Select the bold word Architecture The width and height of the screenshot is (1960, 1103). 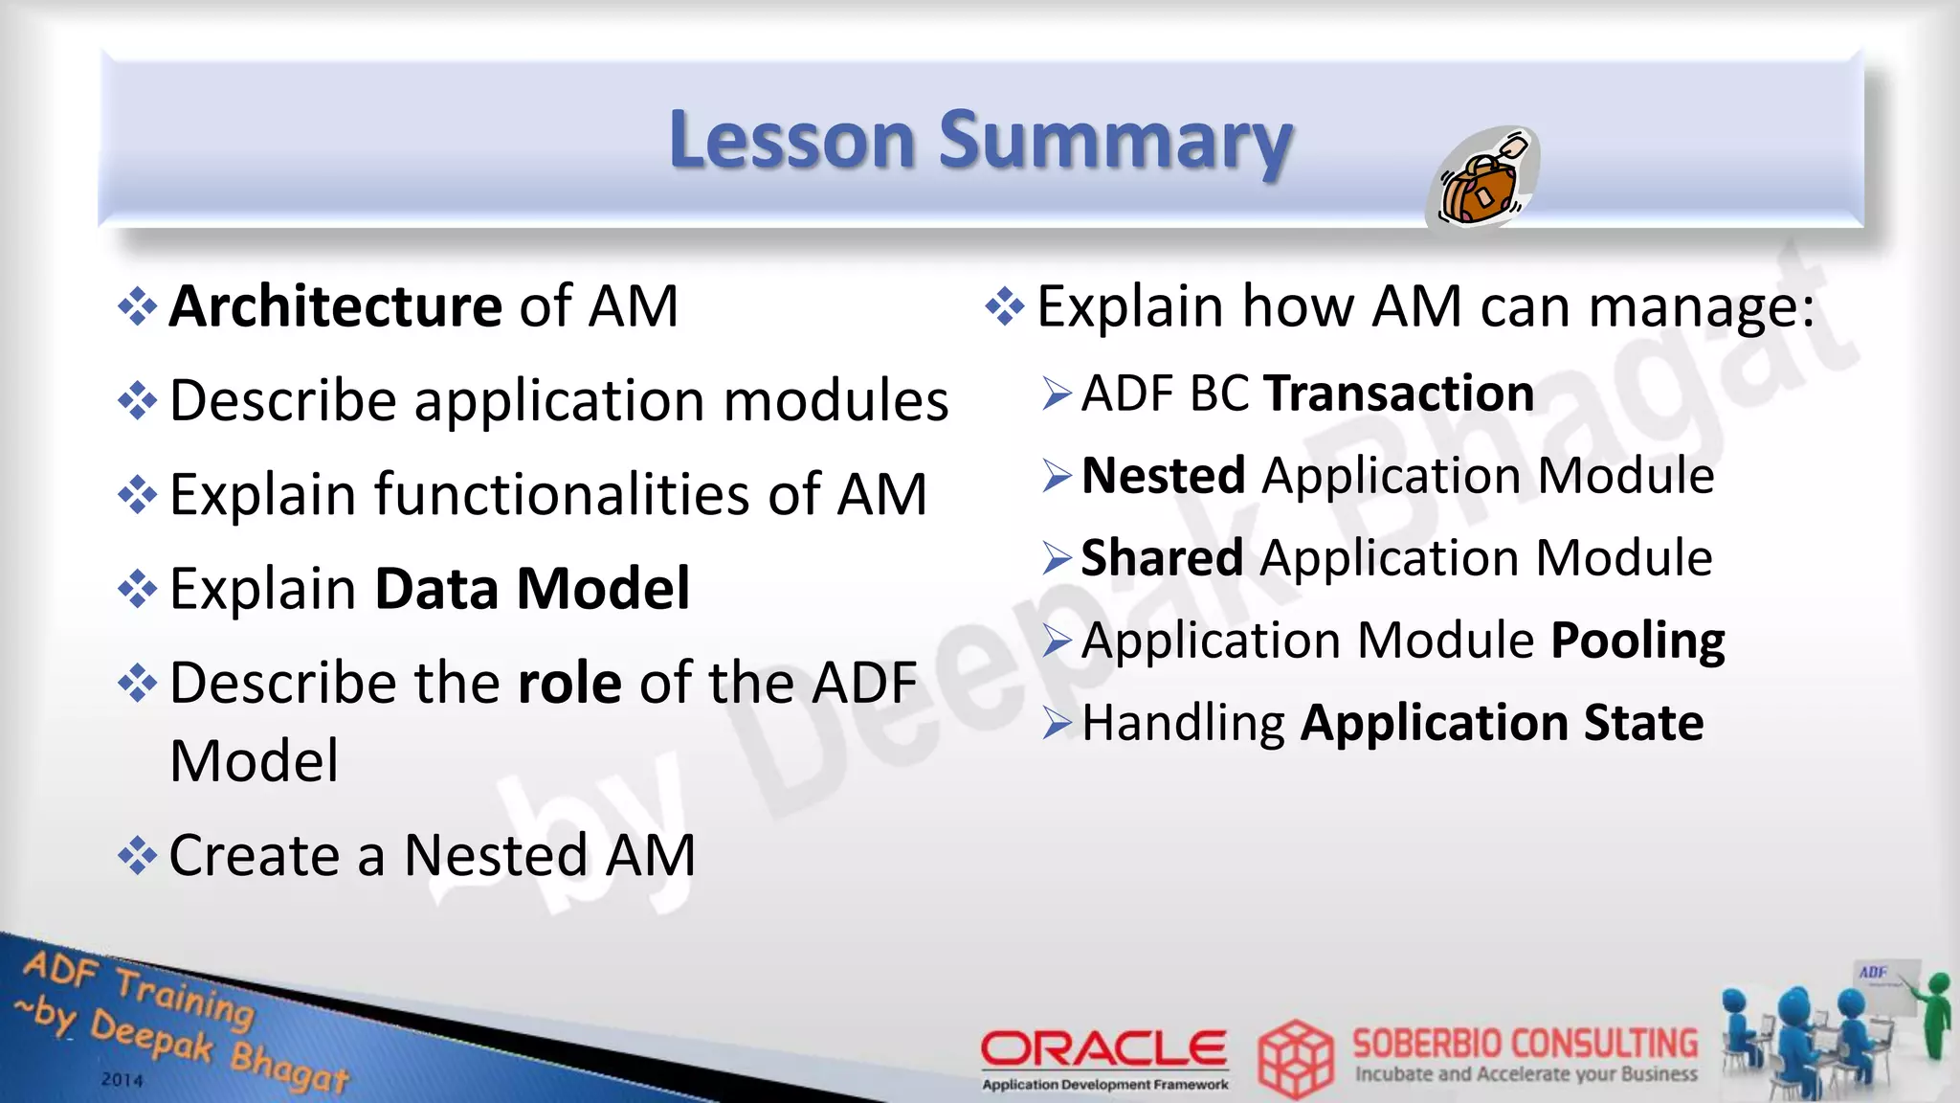[335, 306]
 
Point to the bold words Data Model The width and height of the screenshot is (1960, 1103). [532, 588]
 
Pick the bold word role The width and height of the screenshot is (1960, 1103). [569, 684]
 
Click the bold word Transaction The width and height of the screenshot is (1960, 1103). [1399, 394]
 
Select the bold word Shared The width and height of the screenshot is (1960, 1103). [1162, 557]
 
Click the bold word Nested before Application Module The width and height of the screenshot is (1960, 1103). [1163, 476]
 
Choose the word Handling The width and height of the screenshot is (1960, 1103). [1183, 724]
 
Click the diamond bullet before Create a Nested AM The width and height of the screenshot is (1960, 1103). [138, 855]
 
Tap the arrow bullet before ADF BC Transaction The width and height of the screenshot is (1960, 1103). [1057, 394]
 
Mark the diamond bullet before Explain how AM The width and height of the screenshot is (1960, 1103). [1005, 306]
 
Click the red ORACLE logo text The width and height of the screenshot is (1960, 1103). [1103, 1048]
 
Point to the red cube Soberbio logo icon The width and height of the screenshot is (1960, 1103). [1295, 1058]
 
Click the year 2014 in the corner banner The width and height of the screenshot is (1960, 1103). [122, 1080]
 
